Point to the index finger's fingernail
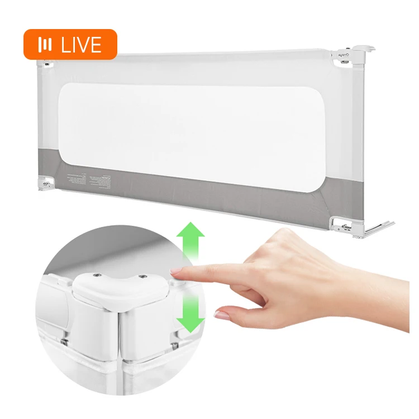pyautogui.click(x=176, y=272)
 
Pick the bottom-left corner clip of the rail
pyautogui.click(x=46, y=183)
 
